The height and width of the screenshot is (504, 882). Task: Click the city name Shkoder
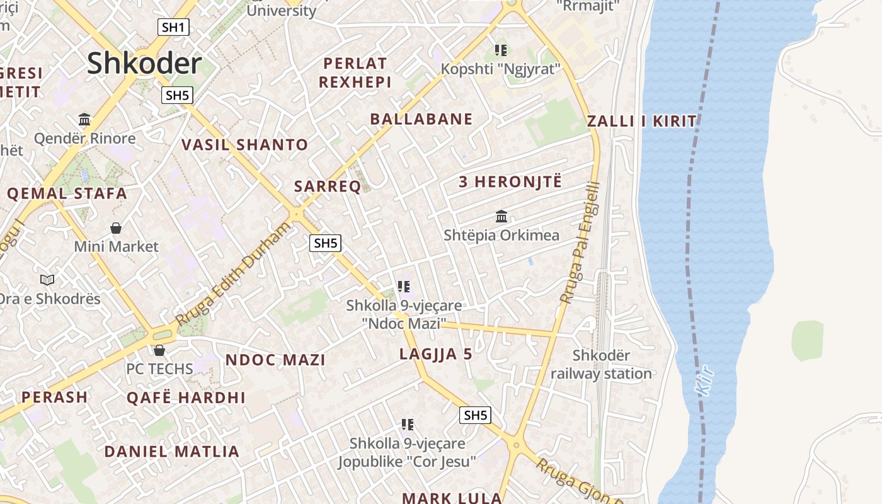(x=144, y=64)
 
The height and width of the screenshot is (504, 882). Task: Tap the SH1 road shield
(x=173, y=27)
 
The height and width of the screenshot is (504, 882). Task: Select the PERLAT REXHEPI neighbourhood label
(x=355, y=72)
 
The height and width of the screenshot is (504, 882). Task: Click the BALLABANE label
(x=421, y=119)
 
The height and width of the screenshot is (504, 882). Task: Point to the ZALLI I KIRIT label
(x=642, y=122)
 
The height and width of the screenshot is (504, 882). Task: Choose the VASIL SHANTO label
(x=244, y=145)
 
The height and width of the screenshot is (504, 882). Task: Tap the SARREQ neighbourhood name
(x=328, y=186)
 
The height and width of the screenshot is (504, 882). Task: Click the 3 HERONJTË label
(x=510, y=183)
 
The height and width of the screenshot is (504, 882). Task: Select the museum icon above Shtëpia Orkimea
(x=501, y=217)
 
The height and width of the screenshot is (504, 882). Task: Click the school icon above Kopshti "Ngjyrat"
(x=501, y=50)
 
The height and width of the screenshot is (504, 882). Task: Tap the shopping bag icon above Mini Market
(x=116, y=228)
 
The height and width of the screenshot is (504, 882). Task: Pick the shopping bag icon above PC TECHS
(x=159, y=350)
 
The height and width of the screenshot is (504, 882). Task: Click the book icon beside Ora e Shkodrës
(x=47, y=280)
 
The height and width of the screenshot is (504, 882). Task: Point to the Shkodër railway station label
(x=601, y=365)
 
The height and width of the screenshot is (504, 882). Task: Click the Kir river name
(x=706, y=381)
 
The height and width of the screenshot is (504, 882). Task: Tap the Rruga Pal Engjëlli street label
(x=580, y=243)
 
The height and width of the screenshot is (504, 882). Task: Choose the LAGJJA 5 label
(x=436, y=354)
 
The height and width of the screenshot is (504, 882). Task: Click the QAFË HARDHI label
(x=186, y=398)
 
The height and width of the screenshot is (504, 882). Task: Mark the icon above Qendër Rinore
(x=84, y=120)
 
